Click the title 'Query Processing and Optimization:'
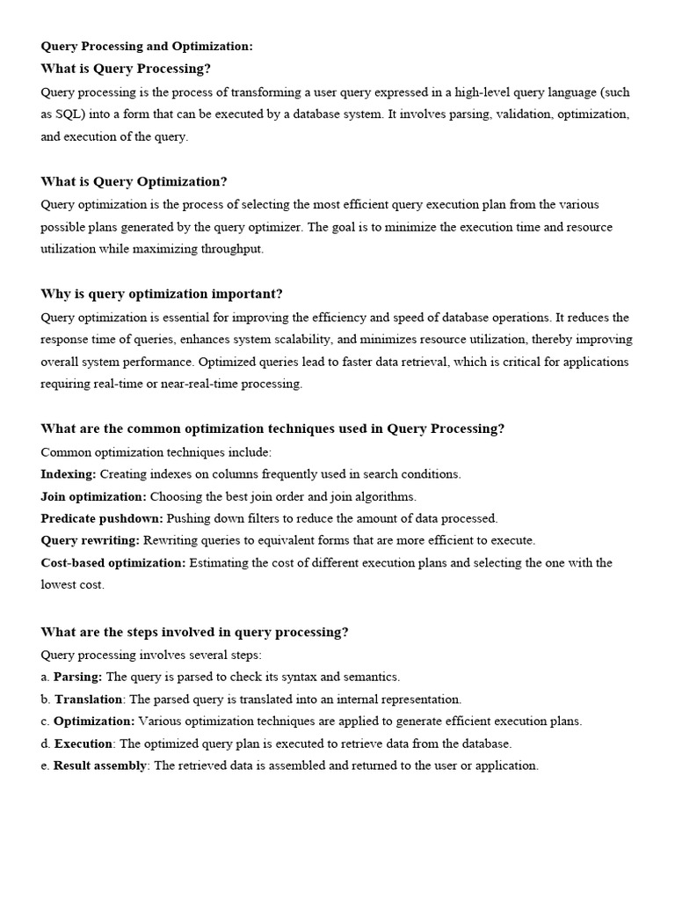coord(147,47)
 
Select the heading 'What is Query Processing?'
coord(126,69)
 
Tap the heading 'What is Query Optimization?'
coord(134,181)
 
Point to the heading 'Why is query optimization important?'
coord(162,294)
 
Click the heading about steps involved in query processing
coord(194,632)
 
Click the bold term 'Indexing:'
coord(69,473)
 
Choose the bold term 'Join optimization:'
coord(93,496)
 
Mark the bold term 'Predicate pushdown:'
coord(101,518)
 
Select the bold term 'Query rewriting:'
coord(90,540)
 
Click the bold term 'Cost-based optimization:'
coord(113,562)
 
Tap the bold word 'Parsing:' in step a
coord(78,677)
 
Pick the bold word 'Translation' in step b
coord(88,700)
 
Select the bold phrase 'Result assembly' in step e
coord(100,765)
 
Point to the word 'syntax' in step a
coord(304,677)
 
